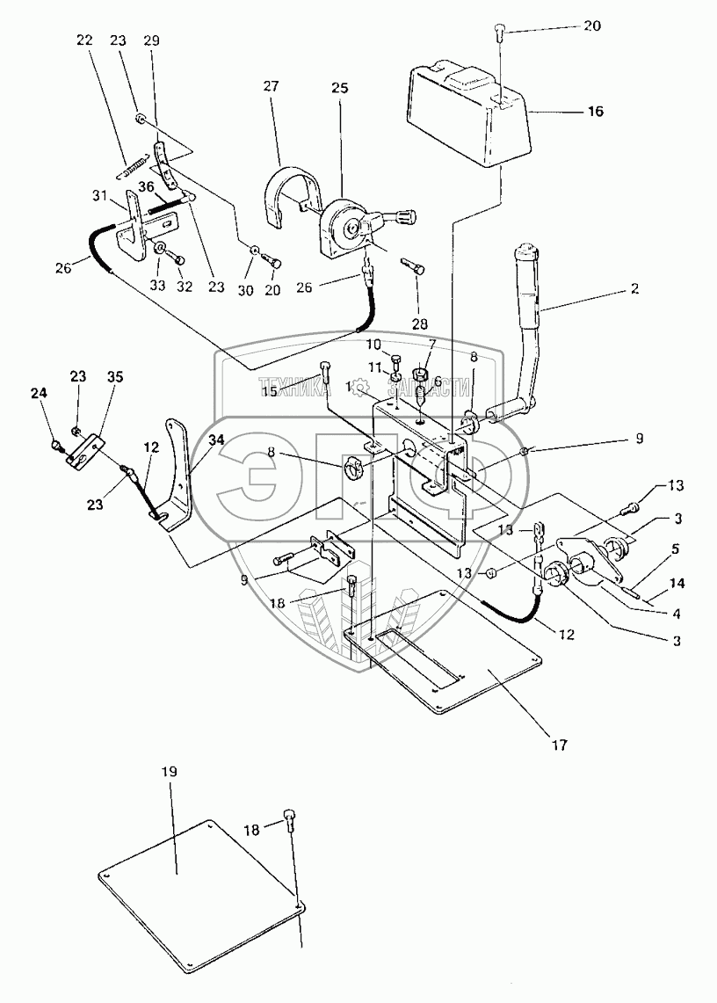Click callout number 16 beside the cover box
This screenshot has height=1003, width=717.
(x=595, y=112)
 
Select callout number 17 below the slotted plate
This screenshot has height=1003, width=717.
(x=559, y=745)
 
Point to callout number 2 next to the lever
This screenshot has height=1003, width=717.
(x=634, y=288)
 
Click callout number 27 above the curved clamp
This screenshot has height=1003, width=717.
(x=272, y=86)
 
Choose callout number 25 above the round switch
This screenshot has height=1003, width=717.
(x=340, y=88)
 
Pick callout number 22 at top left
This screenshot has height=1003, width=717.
(x=83, y=40)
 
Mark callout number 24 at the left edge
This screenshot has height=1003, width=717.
(x=39, y=394)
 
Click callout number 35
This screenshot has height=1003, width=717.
(x=114, y=377)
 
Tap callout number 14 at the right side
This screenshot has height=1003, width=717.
(x=676, y=583)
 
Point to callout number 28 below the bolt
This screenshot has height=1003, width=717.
(x=419, y=324)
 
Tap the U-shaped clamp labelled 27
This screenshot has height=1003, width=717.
(x=286, y=192)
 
